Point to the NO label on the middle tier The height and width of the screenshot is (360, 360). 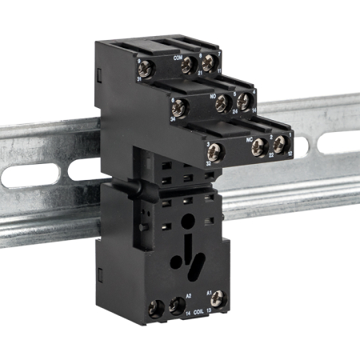(213, 97)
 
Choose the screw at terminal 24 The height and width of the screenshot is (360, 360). (225, 103)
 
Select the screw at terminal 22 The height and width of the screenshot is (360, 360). (260, 146)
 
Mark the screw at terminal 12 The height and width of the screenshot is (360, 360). (280, 145)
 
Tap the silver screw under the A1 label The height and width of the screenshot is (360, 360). (214, 302)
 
